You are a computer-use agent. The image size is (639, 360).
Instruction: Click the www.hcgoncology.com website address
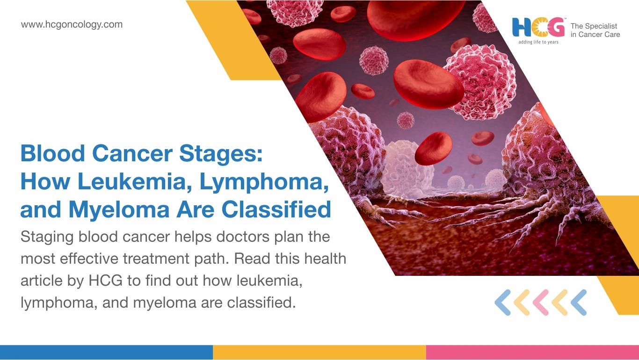click(72, 25)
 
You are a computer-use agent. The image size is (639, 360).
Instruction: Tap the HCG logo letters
click(538, 27)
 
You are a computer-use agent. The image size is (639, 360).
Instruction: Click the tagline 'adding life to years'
click(538, 42)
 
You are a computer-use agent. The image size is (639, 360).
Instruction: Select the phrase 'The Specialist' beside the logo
click(594, 26)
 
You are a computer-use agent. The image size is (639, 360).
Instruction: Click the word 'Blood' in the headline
click(53, 153)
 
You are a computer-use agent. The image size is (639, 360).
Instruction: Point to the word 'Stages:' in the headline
click(221, 154)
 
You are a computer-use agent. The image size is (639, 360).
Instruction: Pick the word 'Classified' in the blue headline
click(276, 209)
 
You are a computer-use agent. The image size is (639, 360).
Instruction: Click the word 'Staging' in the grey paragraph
click(47, 237)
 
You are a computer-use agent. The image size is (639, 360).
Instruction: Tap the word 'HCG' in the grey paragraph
click(106, 281)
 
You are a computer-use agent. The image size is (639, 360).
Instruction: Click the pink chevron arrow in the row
click(541, 302)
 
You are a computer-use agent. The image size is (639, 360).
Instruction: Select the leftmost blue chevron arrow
click(502, 302)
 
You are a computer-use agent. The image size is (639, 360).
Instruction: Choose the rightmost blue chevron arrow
click(579, 302)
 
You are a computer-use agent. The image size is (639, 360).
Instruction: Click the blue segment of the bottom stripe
click(106, 353)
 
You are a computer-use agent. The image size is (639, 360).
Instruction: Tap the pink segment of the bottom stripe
click(533, 353)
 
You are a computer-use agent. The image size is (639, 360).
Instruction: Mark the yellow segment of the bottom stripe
click(319, 353)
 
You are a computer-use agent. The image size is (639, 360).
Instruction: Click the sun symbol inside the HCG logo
click(539, 28)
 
